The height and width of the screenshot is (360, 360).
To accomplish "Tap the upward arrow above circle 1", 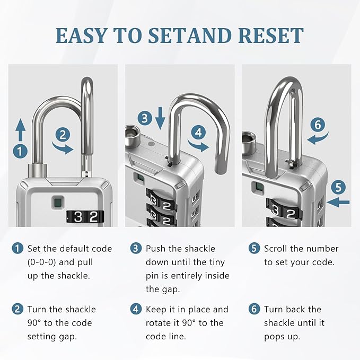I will (x=20, y=129).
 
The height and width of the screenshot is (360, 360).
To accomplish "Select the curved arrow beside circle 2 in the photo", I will (x=65, y=148).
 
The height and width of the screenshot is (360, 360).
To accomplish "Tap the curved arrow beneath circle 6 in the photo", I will (x=317, y=139).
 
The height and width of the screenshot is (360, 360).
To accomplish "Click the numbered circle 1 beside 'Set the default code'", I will (x=19, y=248).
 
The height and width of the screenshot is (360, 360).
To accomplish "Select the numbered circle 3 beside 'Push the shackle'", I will (x=136, y=248).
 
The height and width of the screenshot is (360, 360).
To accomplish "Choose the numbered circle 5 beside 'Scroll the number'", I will (x=253, y=248).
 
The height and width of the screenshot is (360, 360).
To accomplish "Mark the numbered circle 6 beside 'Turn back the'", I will (x=253, y=310).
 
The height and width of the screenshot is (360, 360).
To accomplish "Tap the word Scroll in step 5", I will (x=277, y=248).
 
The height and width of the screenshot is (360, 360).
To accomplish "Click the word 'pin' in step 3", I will (x=153, y=276).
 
